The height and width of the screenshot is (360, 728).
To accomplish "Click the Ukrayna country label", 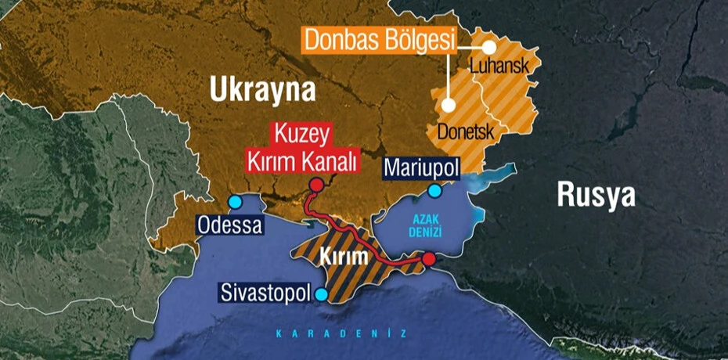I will coord(262,90).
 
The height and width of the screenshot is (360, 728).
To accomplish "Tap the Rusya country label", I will coord(596,195).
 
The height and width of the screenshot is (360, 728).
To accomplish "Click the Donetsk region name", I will coord(465,132).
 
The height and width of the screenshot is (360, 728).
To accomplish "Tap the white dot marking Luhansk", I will coord(489,46).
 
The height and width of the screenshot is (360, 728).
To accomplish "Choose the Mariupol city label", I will coord(420,168).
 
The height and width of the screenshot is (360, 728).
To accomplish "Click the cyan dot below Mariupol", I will coord(434,190).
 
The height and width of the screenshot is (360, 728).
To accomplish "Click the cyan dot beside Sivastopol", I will coord(322,294).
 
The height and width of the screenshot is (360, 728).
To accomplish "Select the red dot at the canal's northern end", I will coord(316,185).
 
